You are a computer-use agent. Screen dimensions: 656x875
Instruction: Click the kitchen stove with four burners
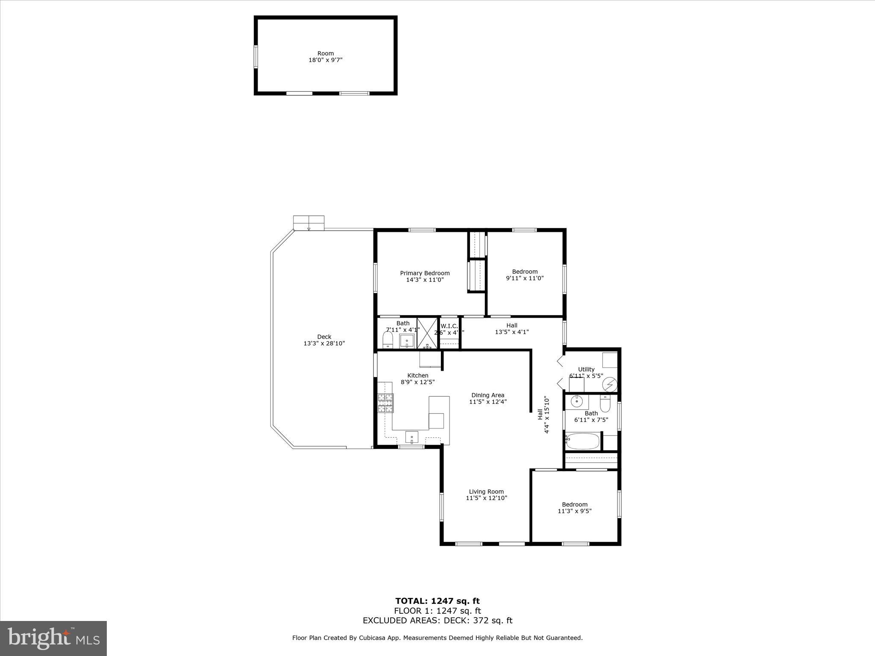[385, 403]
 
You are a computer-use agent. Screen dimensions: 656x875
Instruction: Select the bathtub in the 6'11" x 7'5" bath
[583, 441]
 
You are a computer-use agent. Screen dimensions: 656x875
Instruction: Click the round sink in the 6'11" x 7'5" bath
[577, 401]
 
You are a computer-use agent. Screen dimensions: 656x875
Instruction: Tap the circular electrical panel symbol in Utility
[610, 384]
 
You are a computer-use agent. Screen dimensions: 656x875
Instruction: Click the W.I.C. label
[449, 326]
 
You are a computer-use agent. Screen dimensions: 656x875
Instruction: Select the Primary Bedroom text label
[425, 273]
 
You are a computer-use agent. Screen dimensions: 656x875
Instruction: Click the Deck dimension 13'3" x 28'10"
[324, 343]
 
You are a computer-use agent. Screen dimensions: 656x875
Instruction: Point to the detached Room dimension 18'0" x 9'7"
[326, 60]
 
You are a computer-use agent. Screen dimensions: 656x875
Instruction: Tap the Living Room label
[486, 492]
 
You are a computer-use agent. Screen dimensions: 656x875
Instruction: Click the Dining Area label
[487, 395]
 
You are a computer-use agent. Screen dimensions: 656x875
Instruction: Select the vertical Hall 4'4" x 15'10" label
[543, 415]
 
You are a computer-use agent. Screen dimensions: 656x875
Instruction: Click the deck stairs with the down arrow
[308, 223]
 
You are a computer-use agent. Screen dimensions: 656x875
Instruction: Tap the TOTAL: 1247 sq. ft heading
[437, 601]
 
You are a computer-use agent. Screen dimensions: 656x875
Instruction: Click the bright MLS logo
[53, 638]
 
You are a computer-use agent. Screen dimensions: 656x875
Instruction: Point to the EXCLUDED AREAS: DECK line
[437, 621]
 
